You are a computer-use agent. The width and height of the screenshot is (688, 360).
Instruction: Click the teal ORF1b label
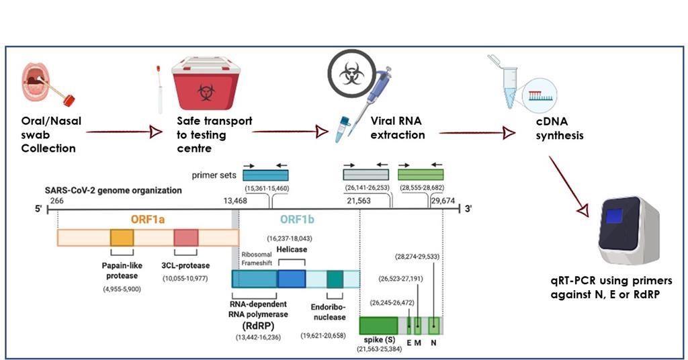click(294, 220)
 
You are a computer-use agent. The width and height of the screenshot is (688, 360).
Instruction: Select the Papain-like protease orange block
click(122, 238)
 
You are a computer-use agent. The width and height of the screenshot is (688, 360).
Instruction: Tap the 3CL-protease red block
click(185, 238)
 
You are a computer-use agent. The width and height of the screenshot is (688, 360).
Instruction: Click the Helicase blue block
click(292, 279)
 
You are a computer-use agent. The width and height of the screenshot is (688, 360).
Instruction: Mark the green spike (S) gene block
click(378, 326)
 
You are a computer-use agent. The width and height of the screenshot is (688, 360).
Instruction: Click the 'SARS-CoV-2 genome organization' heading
click(113, 190)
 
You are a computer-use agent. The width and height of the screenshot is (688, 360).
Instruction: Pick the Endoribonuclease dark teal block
click(335, 279)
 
